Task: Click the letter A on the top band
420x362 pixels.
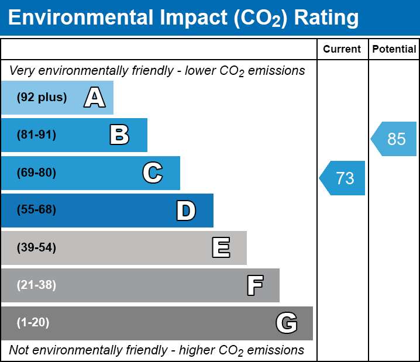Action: coord(95,97)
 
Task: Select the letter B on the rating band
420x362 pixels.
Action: coord(119,135)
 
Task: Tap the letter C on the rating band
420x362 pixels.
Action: coord(153,173)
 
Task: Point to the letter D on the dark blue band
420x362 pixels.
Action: coord(186,211)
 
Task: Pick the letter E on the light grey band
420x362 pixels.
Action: coord(221,247)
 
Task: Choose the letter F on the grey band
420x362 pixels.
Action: coord(255,285)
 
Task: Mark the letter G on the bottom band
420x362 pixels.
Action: coord(287,323)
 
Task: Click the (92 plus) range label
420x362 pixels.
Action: coord(42,97)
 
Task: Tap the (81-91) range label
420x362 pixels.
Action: coord(36,135)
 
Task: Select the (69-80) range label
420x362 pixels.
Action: coord(36,173)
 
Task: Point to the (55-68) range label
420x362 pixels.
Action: coord(36,209)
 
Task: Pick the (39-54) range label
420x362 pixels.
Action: coord(36,247)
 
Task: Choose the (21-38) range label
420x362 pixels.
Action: coord(36,285)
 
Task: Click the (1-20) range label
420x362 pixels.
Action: coord(33,322)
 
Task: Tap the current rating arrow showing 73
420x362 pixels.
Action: coord(342,178)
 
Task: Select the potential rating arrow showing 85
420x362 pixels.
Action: coord(394,139)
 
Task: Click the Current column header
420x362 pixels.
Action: coord(342,49)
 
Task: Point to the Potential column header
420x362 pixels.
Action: coord(394,49)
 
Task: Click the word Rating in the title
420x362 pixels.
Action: coord(326,18)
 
